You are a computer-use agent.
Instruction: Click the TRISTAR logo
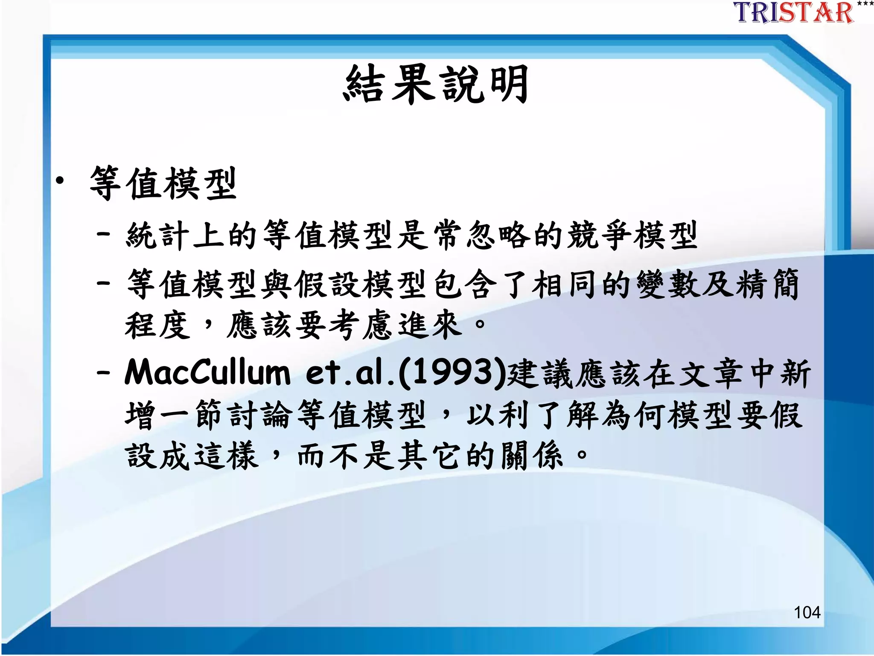[794, 13]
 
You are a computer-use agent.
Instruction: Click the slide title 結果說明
[436, 85]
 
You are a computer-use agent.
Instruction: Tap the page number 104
[807, 612]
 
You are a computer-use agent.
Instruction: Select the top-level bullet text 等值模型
[163, 184]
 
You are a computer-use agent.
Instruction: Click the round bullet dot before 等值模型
[60, 181]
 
